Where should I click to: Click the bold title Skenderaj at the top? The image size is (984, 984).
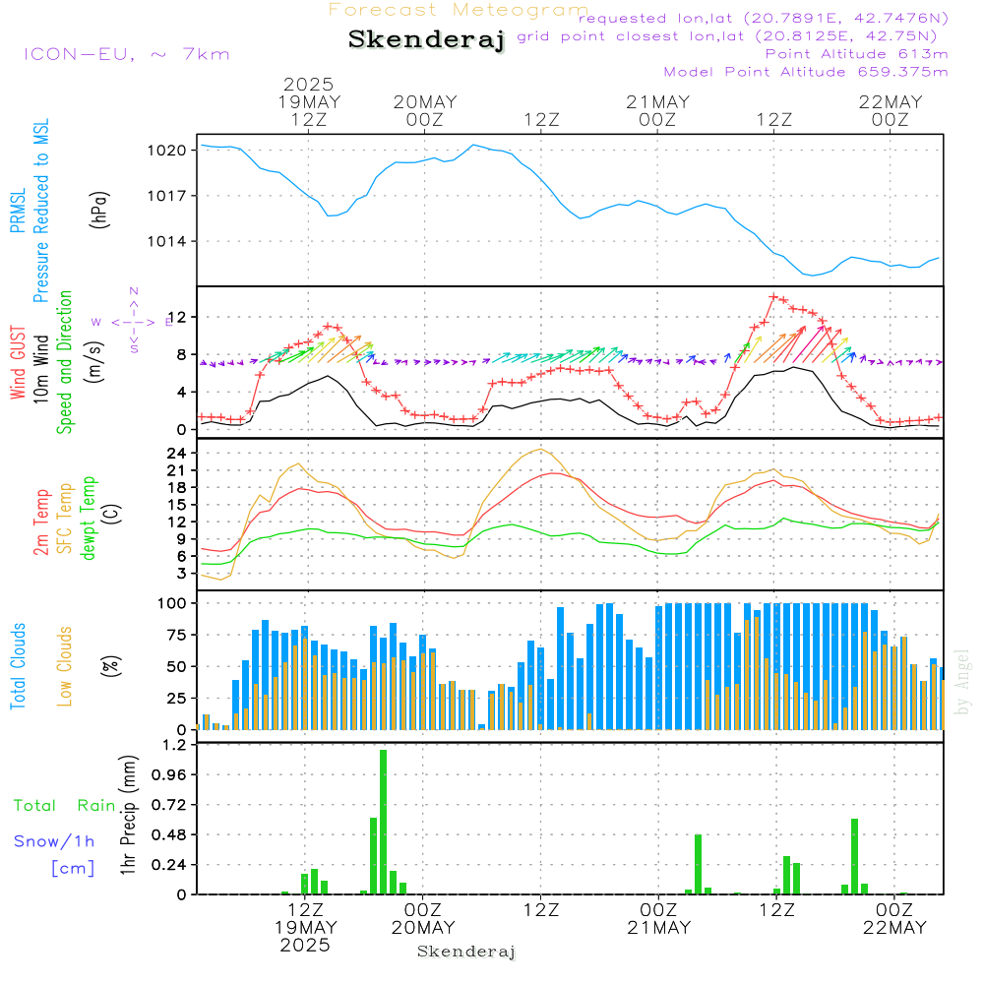[426, 40]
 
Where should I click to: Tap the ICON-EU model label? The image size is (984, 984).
[126, 54]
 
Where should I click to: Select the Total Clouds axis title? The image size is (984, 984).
[19, 666]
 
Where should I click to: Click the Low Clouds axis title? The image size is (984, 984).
[65, 666]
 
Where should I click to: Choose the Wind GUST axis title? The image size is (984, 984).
[19, 364]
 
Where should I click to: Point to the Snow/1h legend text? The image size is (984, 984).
[54, 841]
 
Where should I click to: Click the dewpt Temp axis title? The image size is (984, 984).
[89, 518]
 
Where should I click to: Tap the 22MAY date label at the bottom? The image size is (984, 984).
[891, 928]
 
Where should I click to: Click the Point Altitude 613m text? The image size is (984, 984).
[856, 53]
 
